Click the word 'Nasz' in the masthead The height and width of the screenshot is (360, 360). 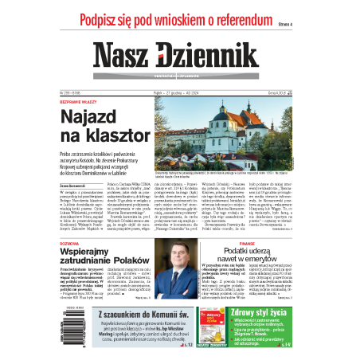127,56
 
